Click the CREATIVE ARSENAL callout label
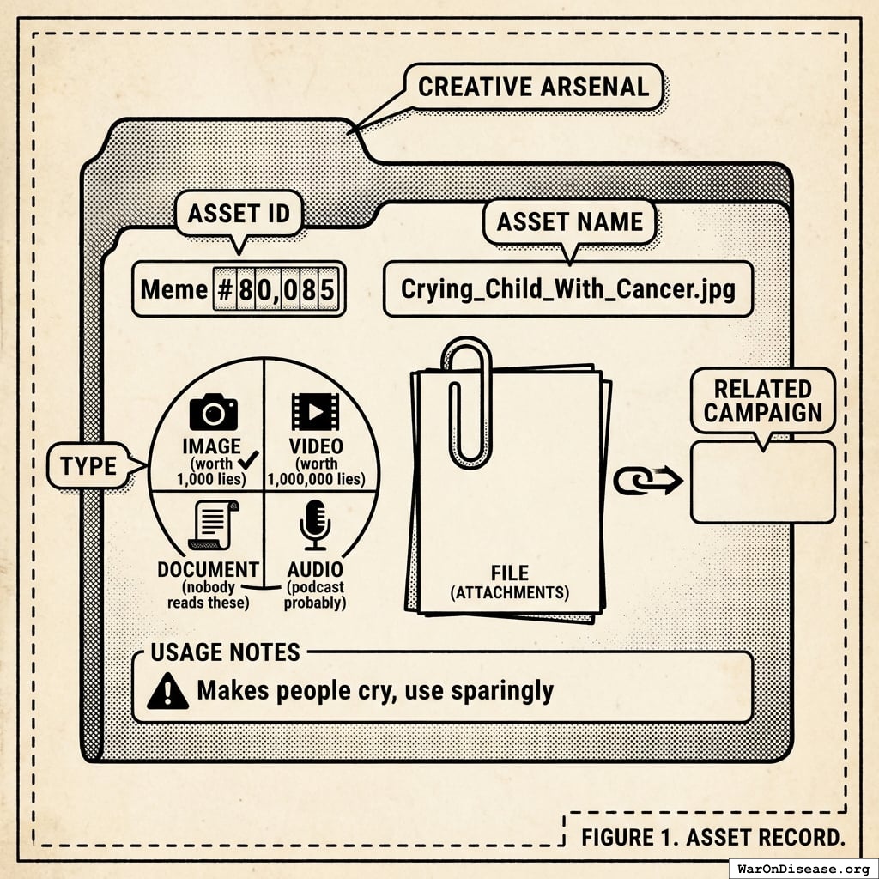pyautogui.click(x=533, y=87)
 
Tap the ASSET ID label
pyautogui.click(x=239, y=214)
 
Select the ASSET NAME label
pyautogui.click(x=569, y=222)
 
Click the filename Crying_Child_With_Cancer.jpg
pyautogui.click(x=567, y=288)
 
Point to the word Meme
pyautogui.click(x=174, y=289)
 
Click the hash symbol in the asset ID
pyautogui.click(x=224, y=289)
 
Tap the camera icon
pyautogui.click(x=213, y=413)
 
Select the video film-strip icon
pyautogui.click(x=315, y=411)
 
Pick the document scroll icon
pyautogui.click(x=214, y=524)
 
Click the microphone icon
pyautogui.click(x=315, y=524)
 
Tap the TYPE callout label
pyautogui.click(x=88, y=466)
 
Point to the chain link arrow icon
pyautogui.click(x=647, y=480)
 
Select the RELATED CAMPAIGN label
pyautogui.click(x=762, y=401)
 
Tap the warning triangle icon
pyautogui.click(x=167, y=690)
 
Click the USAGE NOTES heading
pyautogui.click(x=225, y=652)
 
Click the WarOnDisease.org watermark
pyautogui.click(x=803, y=868)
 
